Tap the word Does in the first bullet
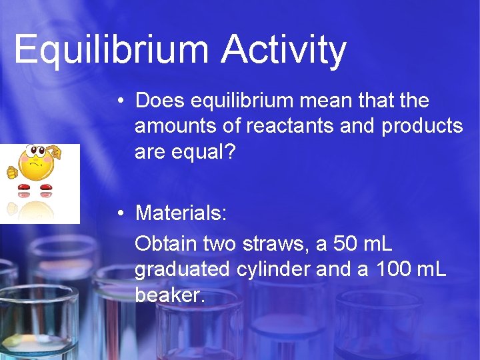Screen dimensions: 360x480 [x=160, y=101]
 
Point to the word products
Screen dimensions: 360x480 [x=422, y=126]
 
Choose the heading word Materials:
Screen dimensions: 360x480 [x=181, y=213]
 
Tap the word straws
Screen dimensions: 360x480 [x=272, y=243]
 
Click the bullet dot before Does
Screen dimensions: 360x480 [x=120, y=102]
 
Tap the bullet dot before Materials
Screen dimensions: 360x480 [x=120, y=214]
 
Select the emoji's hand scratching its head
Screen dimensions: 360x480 [x=55, y=154]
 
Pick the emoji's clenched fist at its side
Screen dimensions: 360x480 [x=11, y=172]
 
